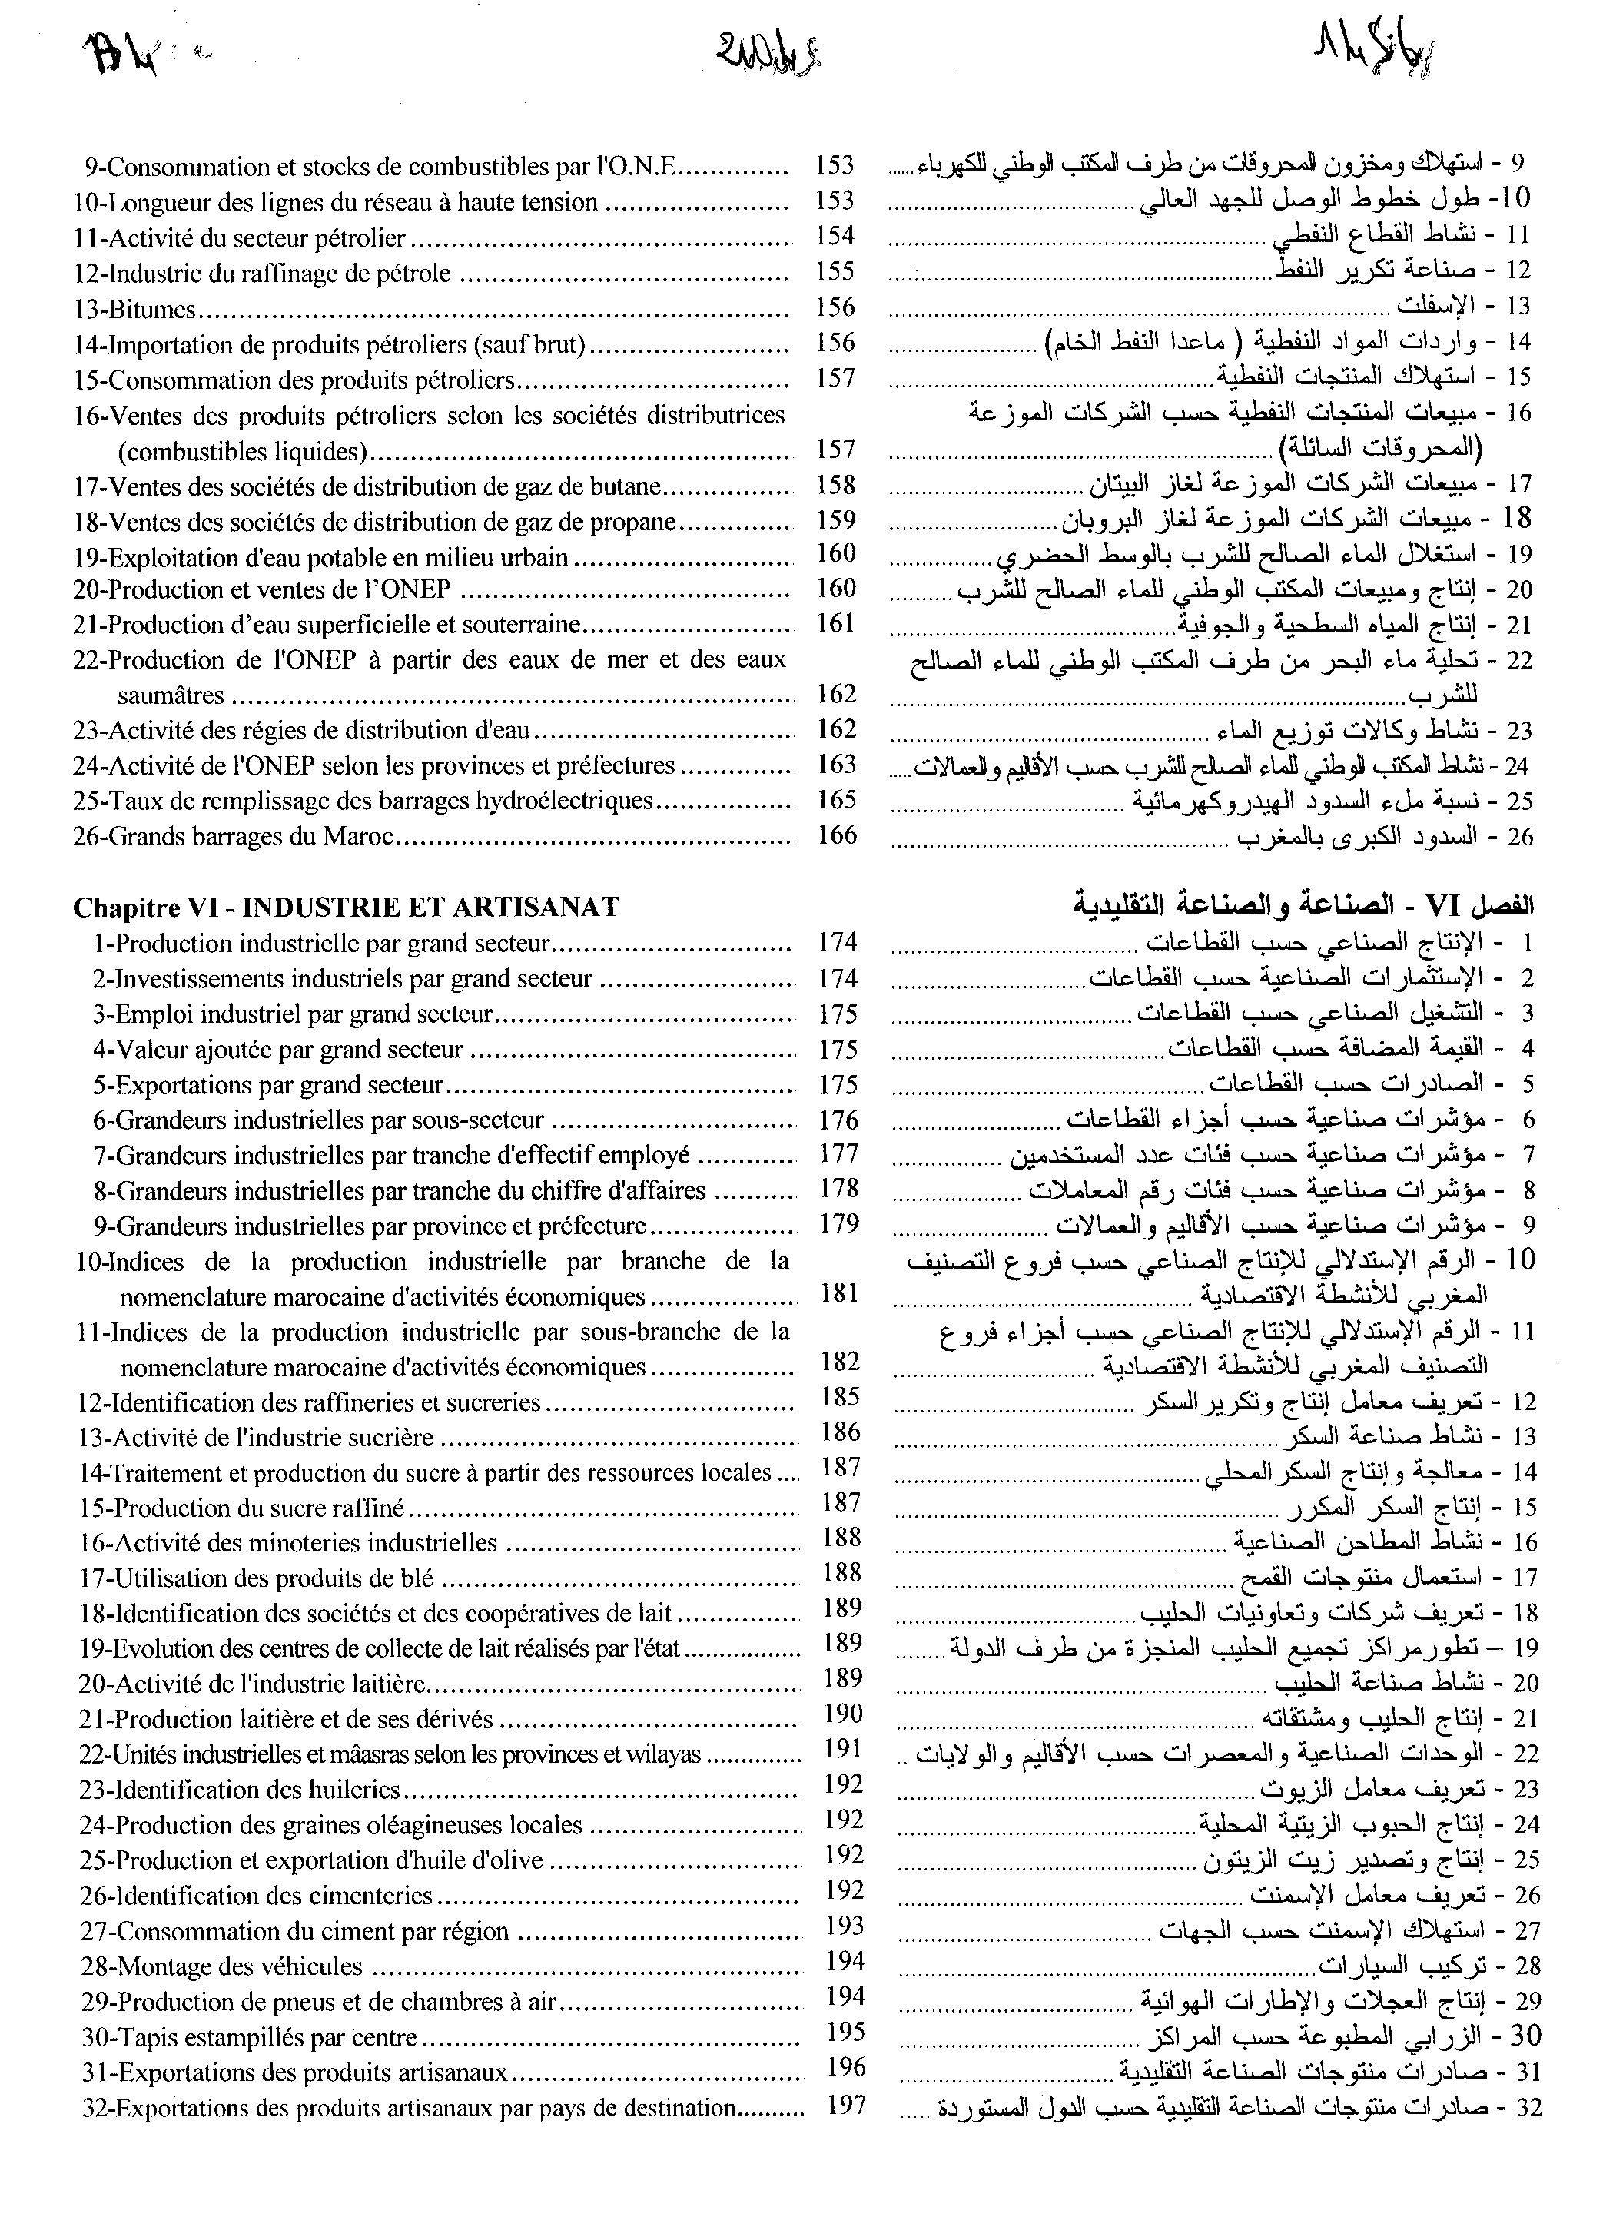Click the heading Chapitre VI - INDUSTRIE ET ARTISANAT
[345, 907]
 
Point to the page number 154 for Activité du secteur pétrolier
[836, 236]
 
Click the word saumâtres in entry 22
[170, 696]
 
